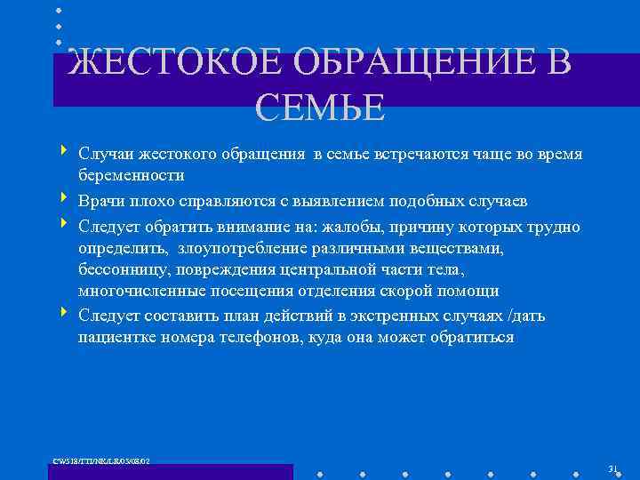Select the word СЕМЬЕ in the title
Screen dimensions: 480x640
(320, 108)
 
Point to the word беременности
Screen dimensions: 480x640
(132, 176)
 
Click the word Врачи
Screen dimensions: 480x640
(100, 201)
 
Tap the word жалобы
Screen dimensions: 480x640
(353, 227)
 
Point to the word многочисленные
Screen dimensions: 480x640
(140, 292)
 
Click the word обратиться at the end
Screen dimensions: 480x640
(471, 338)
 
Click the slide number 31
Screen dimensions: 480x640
(612, 468)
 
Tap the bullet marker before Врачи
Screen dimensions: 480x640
(65, 198)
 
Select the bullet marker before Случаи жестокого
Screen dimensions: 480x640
(65, 152)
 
